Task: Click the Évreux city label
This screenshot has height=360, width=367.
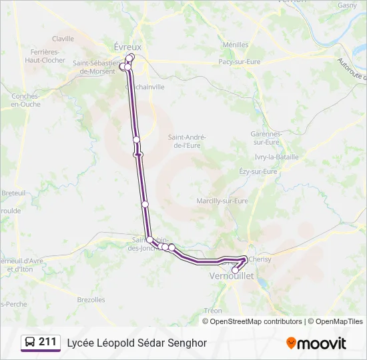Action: pyautogui.click(x=127, y=47)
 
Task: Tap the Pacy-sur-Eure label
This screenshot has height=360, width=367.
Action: pyautogui.click(x=239, y=61)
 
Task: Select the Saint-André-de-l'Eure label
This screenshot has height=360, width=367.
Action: pyautogui.click(x=187, y=141)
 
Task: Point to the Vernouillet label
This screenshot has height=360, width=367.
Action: pyautogui.click(x=232, y=275)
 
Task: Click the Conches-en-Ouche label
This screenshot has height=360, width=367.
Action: pyautogui.click(x=25, y=100)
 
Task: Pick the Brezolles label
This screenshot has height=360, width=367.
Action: pyautogui.click(x=91, y=300)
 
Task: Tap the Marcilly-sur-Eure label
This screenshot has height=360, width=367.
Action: pyautogui.click(x=222, y=201)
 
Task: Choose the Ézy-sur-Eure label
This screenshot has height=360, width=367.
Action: pyautogui.click(x=258, y=171)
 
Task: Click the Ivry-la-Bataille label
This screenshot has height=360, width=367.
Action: pyautogui.click(x=276, y=157)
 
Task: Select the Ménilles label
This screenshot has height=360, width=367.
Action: pyautogui.click(x=236, y=45)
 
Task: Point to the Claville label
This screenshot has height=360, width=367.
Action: pyautogui.click(x=63, y=39)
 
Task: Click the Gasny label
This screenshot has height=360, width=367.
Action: pyautogui.click(x=347, y=5)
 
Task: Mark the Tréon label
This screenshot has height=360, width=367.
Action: pyautogui.click(x=214, y=311)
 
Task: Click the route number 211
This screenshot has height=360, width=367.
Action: pyautogui.click(x=47, y=342)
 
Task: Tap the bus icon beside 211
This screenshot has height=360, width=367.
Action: pyautogui.click(x=30, y=342)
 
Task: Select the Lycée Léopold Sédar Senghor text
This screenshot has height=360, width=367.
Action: pyautogui.click(x=137, y=343)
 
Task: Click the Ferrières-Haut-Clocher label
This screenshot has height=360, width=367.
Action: pyautogui.click(x=45, y=55)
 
